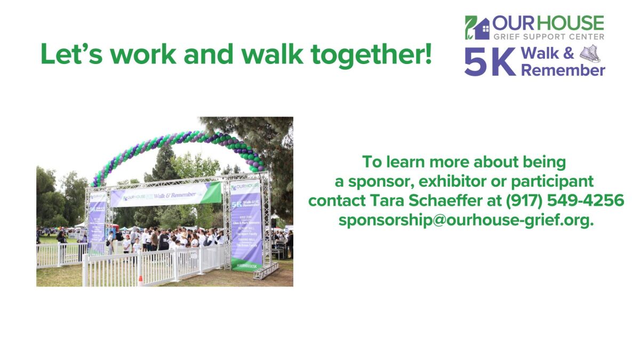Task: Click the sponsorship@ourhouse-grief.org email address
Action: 466,220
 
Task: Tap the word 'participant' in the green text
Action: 552,181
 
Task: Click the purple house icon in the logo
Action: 482,29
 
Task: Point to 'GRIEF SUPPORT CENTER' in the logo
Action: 548,37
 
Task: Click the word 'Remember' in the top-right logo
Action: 563,70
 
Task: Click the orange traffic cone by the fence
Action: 140,279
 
